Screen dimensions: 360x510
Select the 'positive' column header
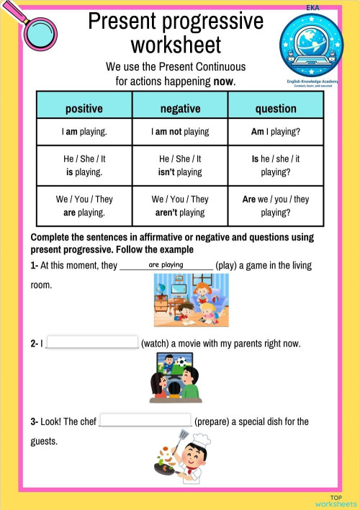pos(84,109)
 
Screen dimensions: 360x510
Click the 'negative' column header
pos(180,109)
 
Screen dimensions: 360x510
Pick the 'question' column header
pos(276,109)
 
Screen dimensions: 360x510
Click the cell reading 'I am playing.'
pos(84,132)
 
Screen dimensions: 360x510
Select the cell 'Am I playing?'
pos(276,132)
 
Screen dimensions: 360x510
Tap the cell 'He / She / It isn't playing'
pos(180,165)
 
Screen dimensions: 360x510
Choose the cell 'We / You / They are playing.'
pos(84,205)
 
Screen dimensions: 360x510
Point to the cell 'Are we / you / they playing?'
pos(276,205)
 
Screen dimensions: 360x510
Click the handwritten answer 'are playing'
pos(166,265)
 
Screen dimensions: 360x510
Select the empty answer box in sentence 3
pos(145,421)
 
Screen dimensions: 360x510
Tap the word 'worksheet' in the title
pos(176,45)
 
